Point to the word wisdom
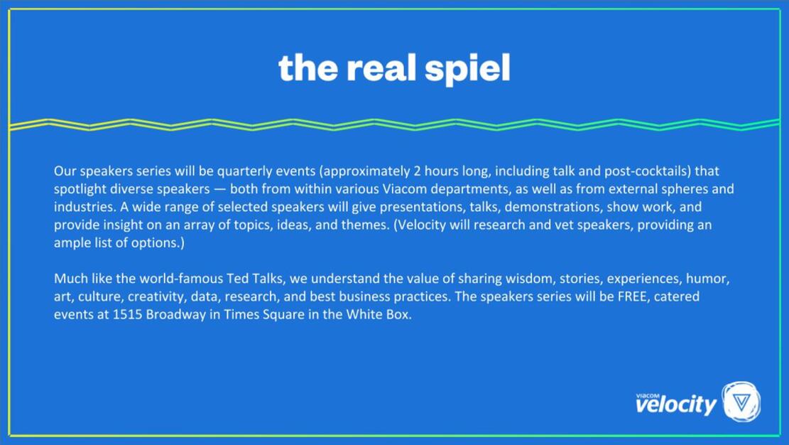(511, 277)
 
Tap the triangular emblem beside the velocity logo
(741, 402)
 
